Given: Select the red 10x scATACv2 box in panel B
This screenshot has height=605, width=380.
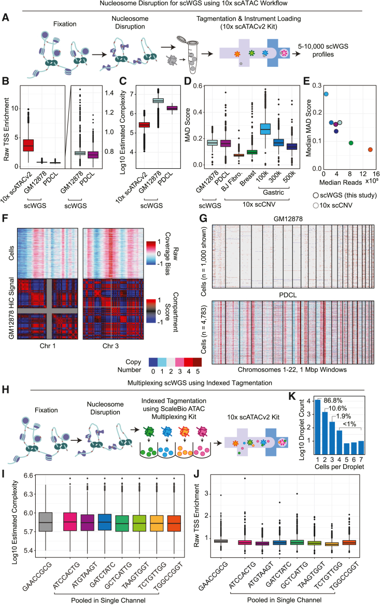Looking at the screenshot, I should point(27,145).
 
